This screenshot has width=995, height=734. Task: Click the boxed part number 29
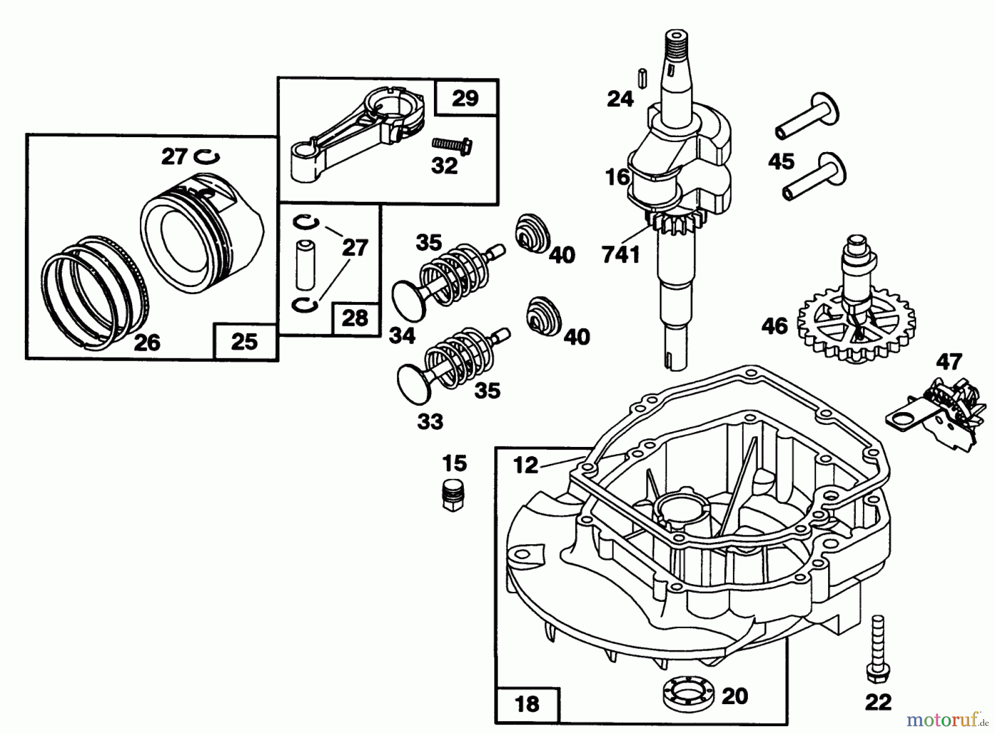pos(465,98)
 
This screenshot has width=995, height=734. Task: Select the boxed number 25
pos(244,342)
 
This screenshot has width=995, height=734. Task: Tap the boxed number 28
pos(354,318)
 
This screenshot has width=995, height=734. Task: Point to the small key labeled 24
pos(642,77)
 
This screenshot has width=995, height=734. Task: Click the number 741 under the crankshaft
pos(621,255)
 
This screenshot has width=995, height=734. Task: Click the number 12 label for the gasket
pos(525,465)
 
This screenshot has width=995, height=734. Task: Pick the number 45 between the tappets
pos(781,162)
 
